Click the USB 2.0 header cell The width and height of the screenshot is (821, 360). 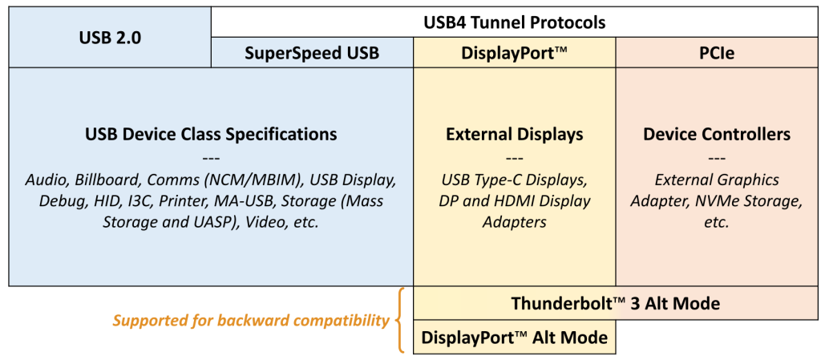tap(110, 37)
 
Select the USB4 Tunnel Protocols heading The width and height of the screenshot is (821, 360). tap(514, 21)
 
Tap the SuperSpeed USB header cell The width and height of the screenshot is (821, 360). tap(312, 54)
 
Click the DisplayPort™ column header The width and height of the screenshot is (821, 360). tap(514, 54)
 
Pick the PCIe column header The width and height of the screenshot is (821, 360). tap(716, 54)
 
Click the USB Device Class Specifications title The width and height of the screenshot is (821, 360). tap(211, 134)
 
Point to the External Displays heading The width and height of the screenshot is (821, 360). tap(514, 134)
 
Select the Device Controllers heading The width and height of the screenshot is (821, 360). tap(716, 134)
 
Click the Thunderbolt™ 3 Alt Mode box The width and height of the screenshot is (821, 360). tap(615, 304)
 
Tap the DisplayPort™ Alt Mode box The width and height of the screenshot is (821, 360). tap(514, 338)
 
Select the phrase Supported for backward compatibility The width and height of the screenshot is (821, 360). tap(250, 321)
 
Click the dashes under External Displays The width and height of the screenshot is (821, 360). tap(514, 157)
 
